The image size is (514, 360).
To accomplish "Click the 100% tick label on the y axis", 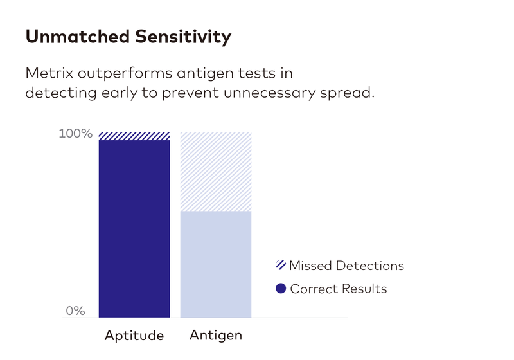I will click(76, 134).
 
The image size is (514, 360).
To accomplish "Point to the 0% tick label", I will click(76, 310).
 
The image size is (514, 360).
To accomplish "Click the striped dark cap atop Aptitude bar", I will click(134, 136).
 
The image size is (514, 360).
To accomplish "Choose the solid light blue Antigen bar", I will click(215, 264).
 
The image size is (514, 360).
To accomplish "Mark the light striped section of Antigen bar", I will click(215, 171).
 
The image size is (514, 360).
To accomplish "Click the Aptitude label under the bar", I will click(134, 336).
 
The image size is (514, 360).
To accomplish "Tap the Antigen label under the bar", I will click(216, 336).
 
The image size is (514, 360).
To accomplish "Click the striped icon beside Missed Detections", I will click(280, 265).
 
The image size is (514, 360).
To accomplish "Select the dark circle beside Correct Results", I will click(280, 289).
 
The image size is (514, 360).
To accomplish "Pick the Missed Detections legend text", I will click(346, 265).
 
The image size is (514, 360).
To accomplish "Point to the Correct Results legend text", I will click(339, 289).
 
